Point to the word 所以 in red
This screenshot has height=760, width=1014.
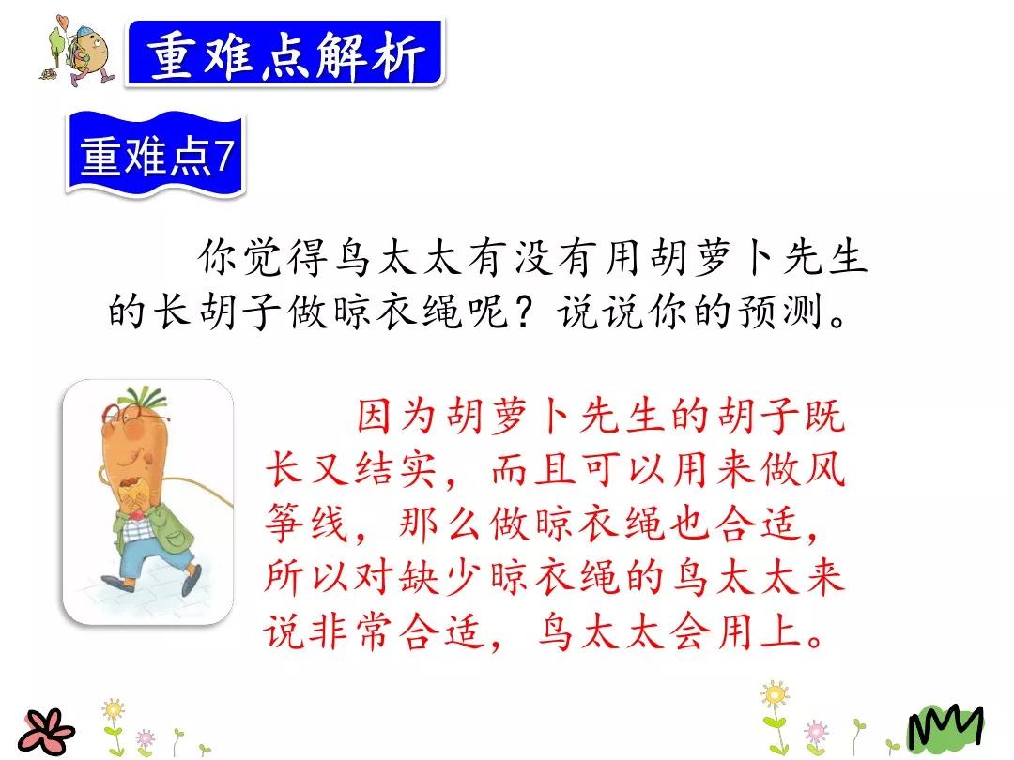(302, 576)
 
